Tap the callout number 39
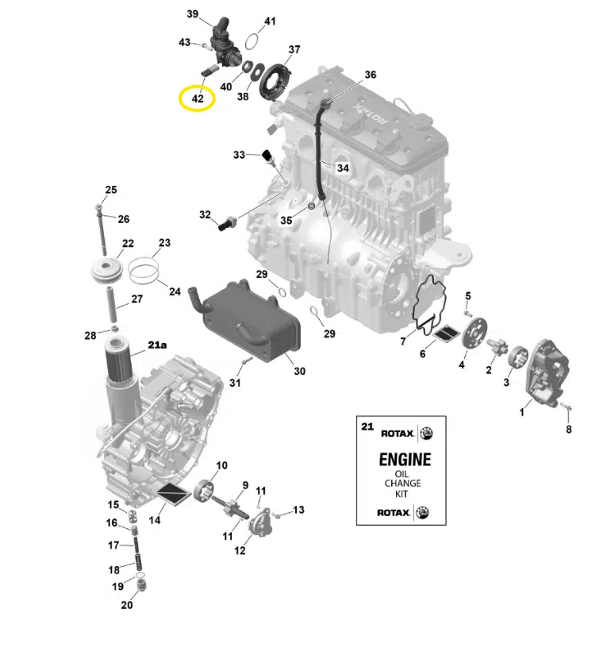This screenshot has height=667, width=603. pyautogui.click(x=193, y=14)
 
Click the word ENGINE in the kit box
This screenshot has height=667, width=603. pyautogui.click(x=405, y=459)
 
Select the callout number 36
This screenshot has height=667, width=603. pyautogui.click(x=370, y=75)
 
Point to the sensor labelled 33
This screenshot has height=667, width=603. pyautogui.click(x=267, y=156)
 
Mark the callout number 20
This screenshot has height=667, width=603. pyautogui.click(x=127, y=606)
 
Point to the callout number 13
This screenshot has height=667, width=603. pyautogui.click(x=298, y=509)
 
